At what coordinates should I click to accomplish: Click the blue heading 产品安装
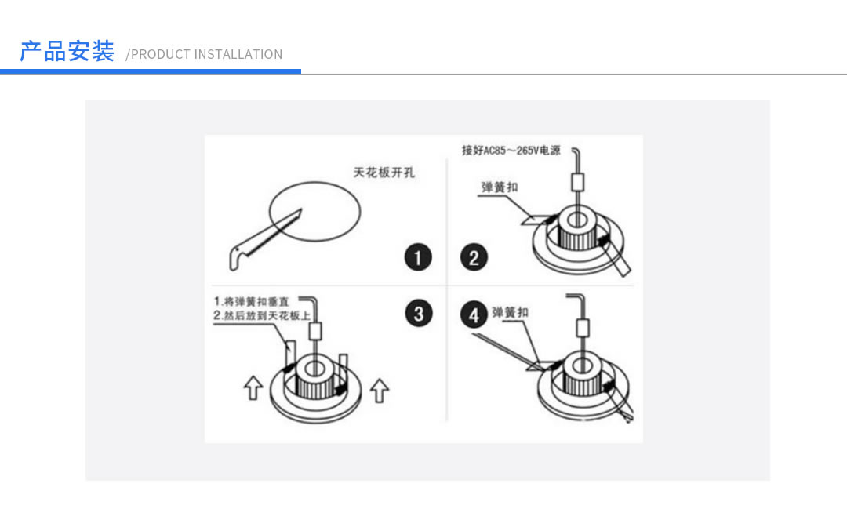pos(67,52)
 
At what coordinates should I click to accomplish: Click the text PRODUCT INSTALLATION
pos(206,54)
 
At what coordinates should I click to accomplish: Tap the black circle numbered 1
pos(418,257)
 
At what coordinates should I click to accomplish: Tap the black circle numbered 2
pos(474,257)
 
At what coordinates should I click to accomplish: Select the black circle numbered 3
pos(418,314)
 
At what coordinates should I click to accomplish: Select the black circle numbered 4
pos(474,315)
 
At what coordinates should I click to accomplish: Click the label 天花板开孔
pos(384,173)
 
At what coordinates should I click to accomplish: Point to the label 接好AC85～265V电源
pos(511,150)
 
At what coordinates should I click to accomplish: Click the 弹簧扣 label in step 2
pos(500,187)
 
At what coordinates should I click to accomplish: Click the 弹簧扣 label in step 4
pos(510,312)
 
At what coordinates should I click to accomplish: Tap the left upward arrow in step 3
pos(253,387)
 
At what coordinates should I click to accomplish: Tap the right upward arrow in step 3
pos(380,389)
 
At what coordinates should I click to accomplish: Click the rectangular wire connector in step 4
pos(583,327)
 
